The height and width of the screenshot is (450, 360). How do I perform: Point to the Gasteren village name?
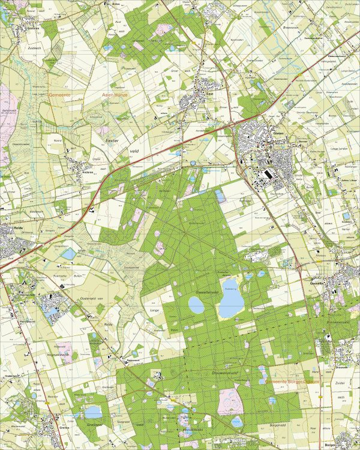[x=32, y=27]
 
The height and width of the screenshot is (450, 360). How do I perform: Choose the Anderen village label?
[x=89, y=170]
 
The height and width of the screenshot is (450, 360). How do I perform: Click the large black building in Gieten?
[x=265, y=174]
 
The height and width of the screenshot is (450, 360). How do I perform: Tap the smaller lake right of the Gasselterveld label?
[x=196, y=306]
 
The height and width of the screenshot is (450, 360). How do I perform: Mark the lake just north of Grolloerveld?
[x=93, y=412]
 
